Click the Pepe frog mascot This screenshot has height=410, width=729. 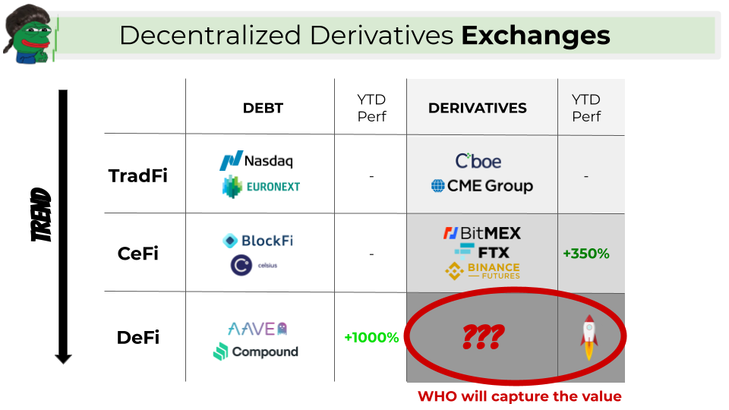[x=29, y=34]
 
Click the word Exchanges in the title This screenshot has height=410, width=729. [x=535, y=36]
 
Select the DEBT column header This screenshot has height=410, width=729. [x=263, y=109]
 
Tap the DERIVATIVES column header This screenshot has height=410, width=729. [x=478, y=109]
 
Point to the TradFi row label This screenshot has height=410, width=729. [x=138, y=175]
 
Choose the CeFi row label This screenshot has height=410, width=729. [x=138, y=254]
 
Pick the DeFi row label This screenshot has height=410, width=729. [x=138, y=337]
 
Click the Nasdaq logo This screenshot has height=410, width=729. [x=257, y=160]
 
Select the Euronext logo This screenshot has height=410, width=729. [x=261, y=187]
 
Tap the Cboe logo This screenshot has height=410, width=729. [x=478, y=161]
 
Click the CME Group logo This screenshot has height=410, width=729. [x=482, y=186]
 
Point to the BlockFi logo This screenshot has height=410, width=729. [x=258, y=241]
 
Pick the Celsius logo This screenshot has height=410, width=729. [x=254, y=266]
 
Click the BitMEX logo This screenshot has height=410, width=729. [x=482, y=233]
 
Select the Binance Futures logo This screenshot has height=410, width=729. [x=483, y=271]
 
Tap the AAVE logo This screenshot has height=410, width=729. [x=257, y=329]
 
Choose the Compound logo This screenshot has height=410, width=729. [x=256, y=352]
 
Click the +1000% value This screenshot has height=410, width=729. [x=371, y=337]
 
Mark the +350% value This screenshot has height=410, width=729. [x=586, y=254]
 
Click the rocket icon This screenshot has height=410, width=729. [x=589, y=337]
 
